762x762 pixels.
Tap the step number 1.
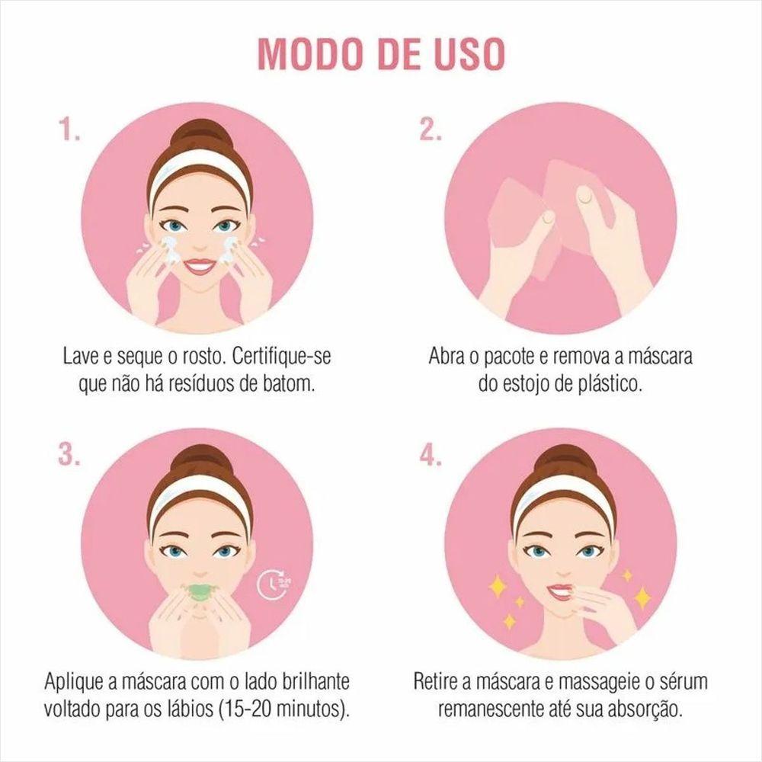[x=69, y=130]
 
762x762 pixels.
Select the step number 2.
[x=431, y=130]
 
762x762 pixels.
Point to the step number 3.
[x=69, y=456]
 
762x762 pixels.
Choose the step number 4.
[x=431, y=456]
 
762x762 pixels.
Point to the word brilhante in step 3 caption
[x=315, y=681]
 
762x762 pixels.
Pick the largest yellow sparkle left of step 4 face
[x=498, y=586]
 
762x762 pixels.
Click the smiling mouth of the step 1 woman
[x=199, y=267]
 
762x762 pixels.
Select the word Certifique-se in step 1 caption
[x=281, y=357]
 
